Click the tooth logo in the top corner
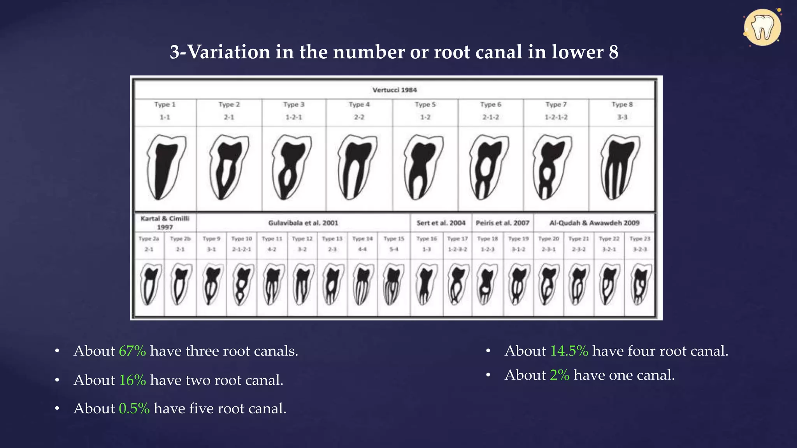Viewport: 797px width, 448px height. [x=762, y=28]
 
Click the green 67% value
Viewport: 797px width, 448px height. [x=132, y=351]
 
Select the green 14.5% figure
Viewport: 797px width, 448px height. [x=569, y=351]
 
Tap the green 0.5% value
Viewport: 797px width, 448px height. [x=134, y=409]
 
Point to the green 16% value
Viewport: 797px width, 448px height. [x=132, y=380]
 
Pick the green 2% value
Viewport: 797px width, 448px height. [x=560, y=375]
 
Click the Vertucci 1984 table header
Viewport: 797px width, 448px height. [x=394, y=90]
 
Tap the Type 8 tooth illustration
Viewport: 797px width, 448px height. [x=621, y=167]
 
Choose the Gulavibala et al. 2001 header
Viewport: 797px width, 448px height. [x=303, y=223]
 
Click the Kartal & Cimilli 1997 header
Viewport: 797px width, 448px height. [x=165, y=222]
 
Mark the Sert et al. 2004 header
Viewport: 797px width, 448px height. [x=441, y=223]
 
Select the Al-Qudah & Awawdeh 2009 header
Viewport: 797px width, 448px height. [x=594, y=223]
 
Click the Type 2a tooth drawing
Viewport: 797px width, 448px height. [x=149, y=284]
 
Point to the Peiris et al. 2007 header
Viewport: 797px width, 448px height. [x=502, y=223]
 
